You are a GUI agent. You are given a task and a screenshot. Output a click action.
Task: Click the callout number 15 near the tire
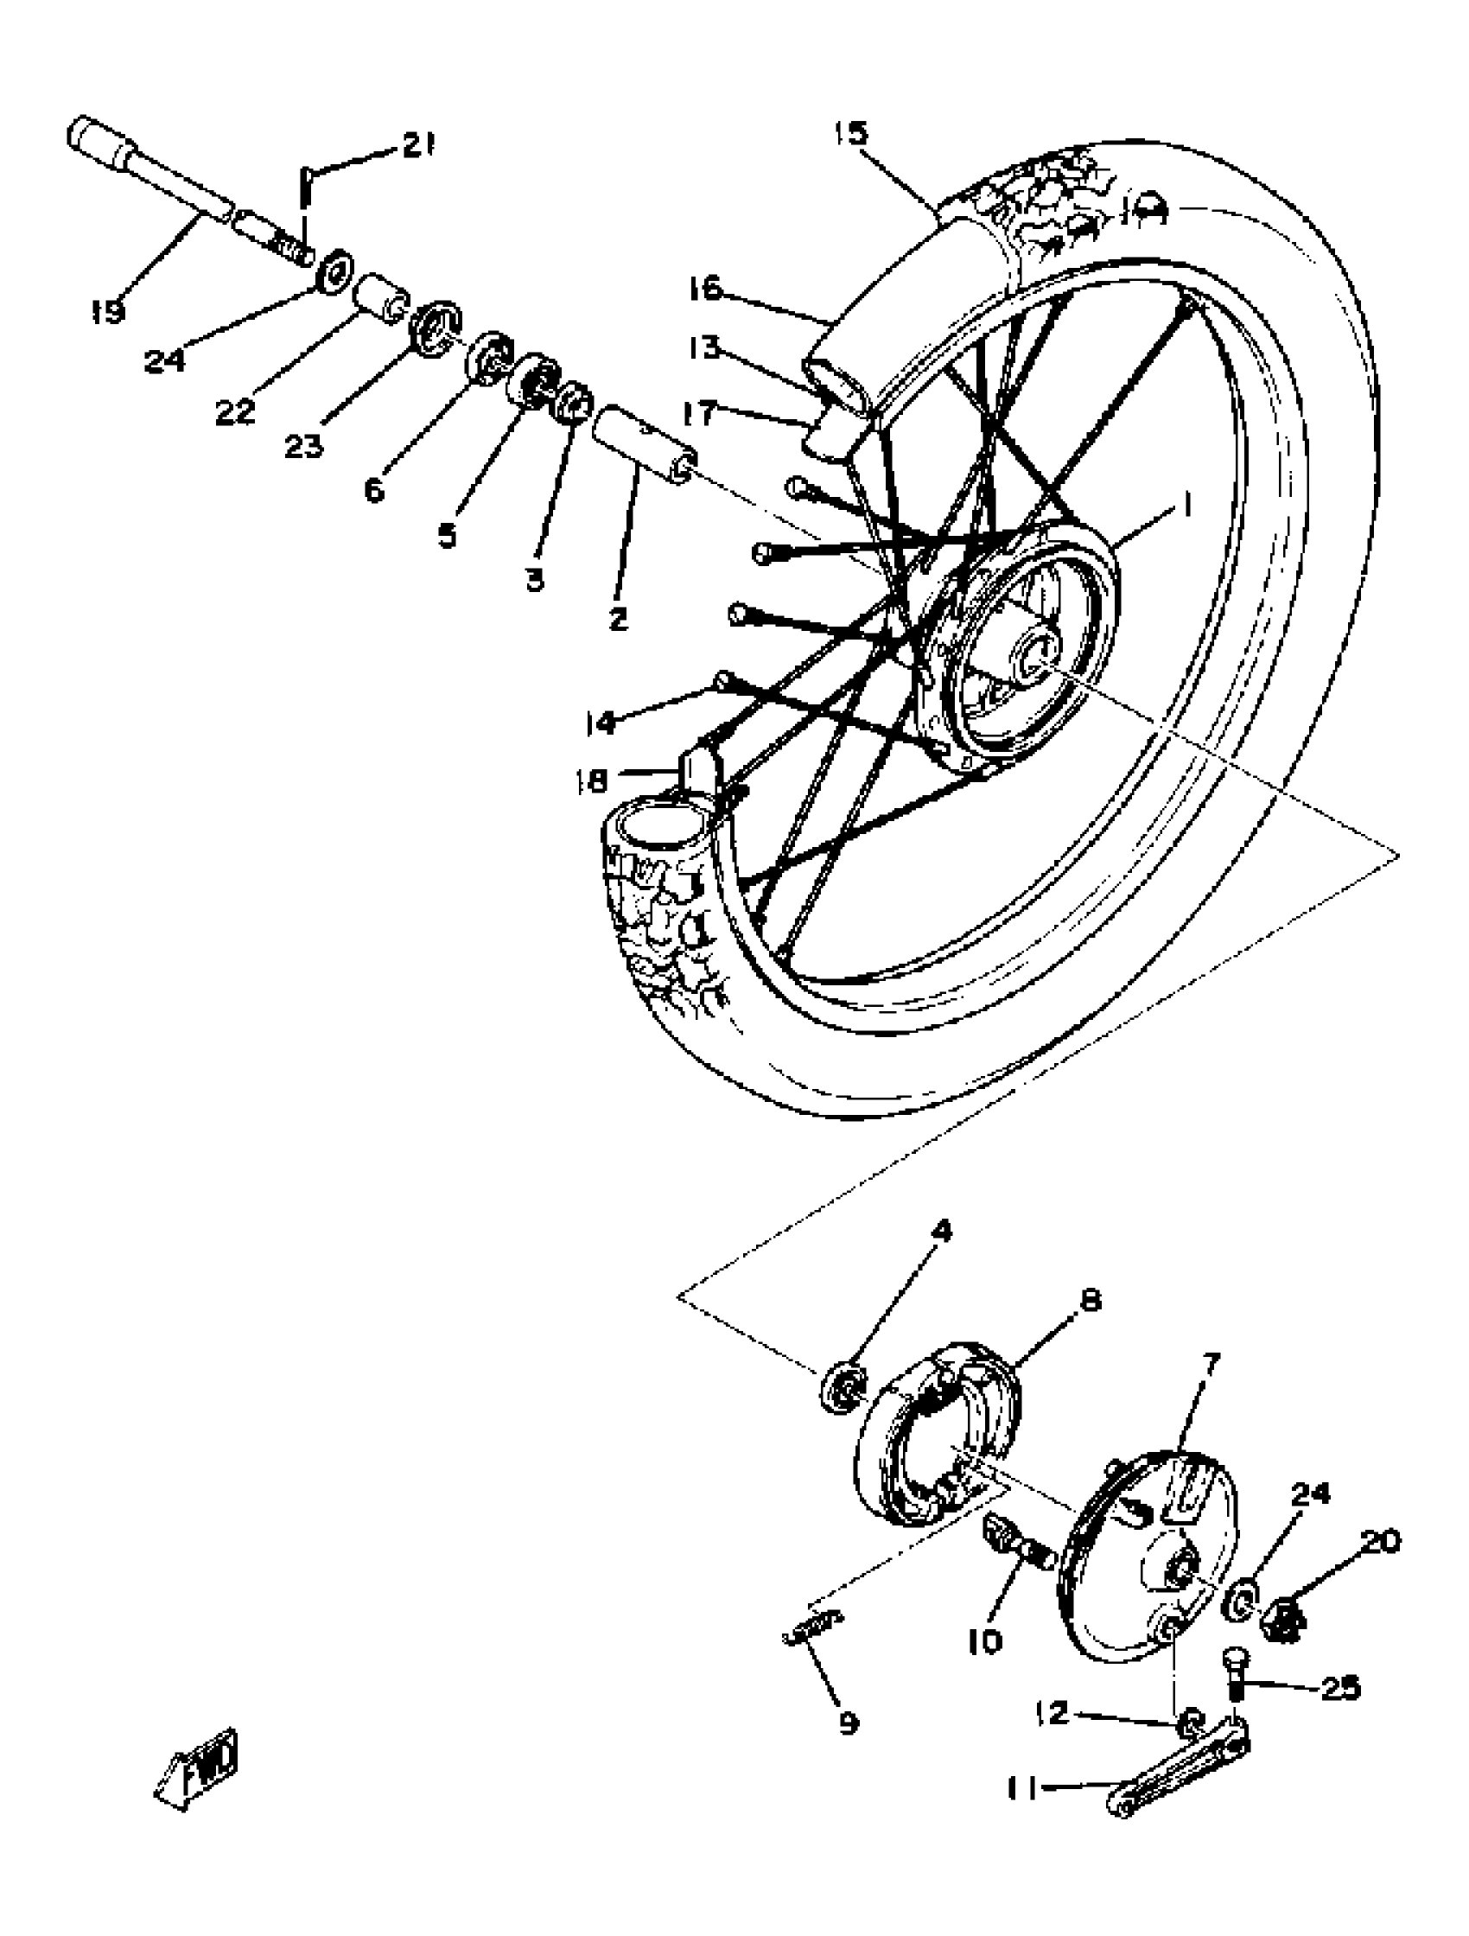[849, 134]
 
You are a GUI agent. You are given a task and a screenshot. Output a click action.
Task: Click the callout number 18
[592, 780]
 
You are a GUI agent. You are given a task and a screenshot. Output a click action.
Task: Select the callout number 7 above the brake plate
[1211, 1364]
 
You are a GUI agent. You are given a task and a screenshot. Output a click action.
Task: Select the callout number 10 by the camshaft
[985, 1642]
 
